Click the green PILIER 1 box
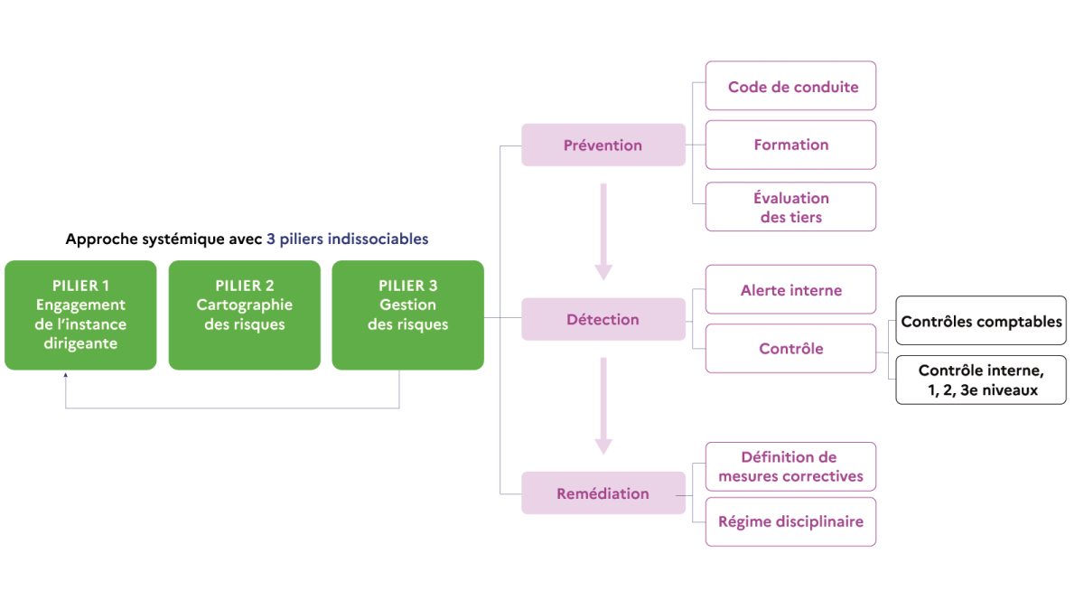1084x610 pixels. (80, 315)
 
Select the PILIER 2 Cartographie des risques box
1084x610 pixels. (245, 315)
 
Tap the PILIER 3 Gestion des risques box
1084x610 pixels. (408, 315)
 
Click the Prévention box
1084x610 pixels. (603, 145)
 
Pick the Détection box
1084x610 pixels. (603, 319)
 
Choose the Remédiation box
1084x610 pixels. (603, 493)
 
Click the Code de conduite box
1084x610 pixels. (790, 86)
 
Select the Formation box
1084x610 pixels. (790, 145)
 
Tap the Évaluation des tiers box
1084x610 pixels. (790, 207)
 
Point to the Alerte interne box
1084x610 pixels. (790, 289)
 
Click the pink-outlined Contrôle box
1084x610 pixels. (790, 349)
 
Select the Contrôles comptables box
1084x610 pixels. (981, 321)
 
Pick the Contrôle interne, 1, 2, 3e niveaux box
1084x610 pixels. (981, 380)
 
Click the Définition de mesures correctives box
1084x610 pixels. (790, 466)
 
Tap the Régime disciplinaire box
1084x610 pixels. (790, 522)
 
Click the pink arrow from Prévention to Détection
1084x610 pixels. (603, 232)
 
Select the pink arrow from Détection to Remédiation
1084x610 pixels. (603, 406)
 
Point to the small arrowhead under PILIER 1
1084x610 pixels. (65, 375)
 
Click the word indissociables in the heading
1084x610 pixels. (378, 239)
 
